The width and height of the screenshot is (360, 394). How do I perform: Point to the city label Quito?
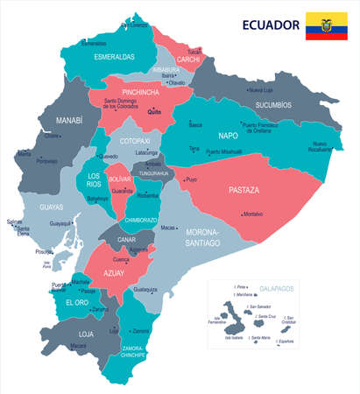coord(155,112)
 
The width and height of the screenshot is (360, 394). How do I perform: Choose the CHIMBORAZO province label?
coord(140,219)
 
